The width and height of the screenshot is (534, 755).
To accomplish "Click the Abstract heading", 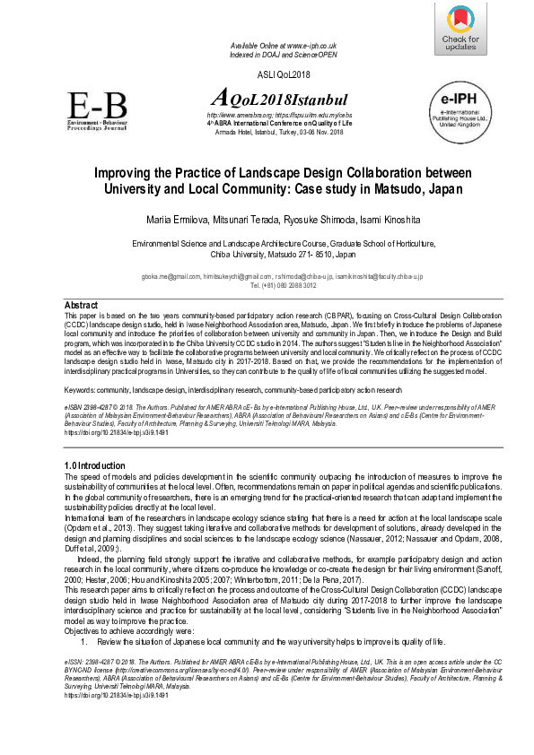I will click(82, 305).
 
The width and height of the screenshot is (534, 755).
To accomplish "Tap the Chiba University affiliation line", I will click(268, 254).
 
